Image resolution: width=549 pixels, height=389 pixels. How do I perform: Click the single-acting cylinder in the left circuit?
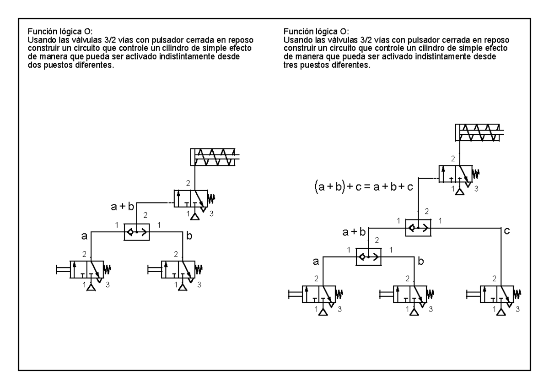coord(215,157)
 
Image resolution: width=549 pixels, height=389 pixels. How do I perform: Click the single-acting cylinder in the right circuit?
coord(479,132)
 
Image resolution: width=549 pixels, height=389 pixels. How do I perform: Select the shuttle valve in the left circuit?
coord(136,232)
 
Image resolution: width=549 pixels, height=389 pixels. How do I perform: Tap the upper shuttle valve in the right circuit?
coord(418,228)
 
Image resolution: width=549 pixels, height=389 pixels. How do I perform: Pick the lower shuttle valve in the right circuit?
coord(368,257)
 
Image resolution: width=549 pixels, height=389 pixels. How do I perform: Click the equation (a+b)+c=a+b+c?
coord(364,187)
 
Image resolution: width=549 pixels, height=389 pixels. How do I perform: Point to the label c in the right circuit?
coord(507,231)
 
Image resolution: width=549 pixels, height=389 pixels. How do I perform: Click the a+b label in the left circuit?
coord(122,207)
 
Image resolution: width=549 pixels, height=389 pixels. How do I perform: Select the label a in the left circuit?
coord(84,236)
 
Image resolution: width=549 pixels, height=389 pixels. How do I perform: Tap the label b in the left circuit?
coord(189,236)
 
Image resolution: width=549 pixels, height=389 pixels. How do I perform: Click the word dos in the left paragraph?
coord(34,65)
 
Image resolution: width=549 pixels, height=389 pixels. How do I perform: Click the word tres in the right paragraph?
coord(291,65)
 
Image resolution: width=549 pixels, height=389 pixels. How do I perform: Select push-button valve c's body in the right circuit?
coord(497,294)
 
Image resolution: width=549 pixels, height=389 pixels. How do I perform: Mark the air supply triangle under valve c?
coord(501,312)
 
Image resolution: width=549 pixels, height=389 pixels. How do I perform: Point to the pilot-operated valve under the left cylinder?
coord(191,198)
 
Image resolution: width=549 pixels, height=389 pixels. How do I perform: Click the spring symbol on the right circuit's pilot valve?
coord(476,174)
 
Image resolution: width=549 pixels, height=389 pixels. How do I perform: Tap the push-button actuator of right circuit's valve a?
coord(295,294)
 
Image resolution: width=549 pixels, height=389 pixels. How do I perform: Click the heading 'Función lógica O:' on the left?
coord(60,32)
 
